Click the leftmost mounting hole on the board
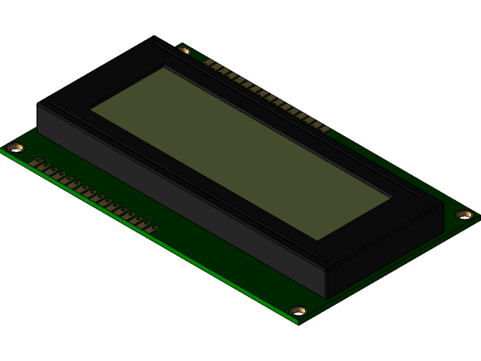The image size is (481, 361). (x=15, y=147)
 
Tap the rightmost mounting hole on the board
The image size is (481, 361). (x=464, y=215)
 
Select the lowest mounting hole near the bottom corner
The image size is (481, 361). (x=298, y=311)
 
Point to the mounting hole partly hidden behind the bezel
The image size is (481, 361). (x=184, y=50)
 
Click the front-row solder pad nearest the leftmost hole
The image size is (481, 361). (x=35, y=162)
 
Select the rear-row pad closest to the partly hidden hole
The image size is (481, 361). (x=210, y=63)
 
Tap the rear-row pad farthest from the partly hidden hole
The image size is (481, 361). (x=325, y=129)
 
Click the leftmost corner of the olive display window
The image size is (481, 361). (x=92, y=111)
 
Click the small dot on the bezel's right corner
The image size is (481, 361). (x=429, y=202)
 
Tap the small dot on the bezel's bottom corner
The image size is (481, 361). (x=325, y=262)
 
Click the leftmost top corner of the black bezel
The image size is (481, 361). (x=38, y=104)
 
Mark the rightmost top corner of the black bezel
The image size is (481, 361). (x=444, y=203)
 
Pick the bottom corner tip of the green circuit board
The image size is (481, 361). (x=298, y=323)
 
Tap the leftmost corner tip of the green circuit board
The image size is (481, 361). (x=1, y=150)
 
